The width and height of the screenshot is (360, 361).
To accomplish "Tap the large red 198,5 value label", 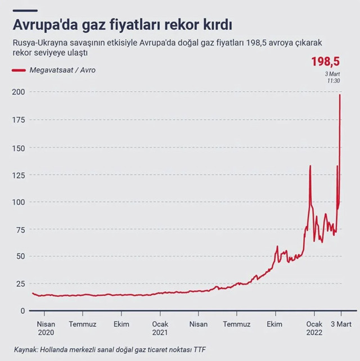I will tap(326, 61).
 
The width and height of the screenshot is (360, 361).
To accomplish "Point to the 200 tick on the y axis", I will tap(19, 92).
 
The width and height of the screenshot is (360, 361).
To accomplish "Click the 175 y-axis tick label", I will tap(19, 120).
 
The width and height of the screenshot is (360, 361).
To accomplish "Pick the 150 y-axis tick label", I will tap(19, 147).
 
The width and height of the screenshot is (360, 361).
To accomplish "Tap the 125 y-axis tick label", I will tap(19, 174).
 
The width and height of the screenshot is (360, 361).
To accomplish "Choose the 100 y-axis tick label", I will tap(19, 202).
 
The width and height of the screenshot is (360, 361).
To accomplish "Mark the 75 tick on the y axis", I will tap(21, 229).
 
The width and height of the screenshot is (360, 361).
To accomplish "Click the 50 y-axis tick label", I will tap(21, 256).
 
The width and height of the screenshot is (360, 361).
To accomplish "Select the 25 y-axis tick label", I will tap(21, 283).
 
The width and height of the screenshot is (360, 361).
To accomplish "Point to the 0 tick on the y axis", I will tap(22, 310).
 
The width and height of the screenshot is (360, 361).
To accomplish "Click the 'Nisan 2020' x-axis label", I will tap(46, 328).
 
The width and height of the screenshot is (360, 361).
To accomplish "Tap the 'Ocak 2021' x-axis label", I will tap(160, 328).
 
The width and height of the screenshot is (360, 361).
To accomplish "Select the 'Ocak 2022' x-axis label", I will tap(314, 328).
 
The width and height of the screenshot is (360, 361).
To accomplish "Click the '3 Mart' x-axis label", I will tap(341, 324).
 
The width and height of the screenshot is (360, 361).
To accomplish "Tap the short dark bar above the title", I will tap(26, 10).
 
